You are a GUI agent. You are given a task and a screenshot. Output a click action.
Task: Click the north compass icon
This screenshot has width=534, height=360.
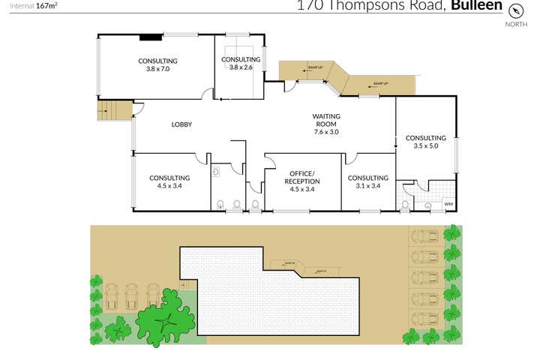point(515,10)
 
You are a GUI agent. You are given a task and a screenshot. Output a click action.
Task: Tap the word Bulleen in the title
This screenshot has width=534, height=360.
point(477,6)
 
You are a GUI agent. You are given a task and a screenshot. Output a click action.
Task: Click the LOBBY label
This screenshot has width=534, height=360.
point(182,124)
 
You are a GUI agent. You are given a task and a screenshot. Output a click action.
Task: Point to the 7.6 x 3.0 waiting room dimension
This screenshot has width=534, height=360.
point(326,132)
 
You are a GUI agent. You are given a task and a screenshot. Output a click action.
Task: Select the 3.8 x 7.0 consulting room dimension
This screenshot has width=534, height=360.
point(157,69)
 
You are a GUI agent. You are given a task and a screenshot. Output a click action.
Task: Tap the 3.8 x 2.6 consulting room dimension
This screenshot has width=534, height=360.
point(240,67)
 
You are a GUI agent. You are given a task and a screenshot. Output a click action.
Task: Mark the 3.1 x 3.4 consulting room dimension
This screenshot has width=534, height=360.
point(367,186)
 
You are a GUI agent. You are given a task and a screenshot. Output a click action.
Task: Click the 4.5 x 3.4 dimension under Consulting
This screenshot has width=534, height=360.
point(169,186)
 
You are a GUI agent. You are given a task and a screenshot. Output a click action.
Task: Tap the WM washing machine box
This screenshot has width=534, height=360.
point(448,204)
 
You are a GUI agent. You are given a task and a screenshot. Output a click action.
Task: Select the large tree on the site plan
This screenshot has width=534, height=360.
point(167,319)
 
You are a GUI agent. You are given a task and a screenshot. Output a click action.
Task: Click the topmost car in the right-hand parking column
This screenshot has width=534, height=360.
point(425,237)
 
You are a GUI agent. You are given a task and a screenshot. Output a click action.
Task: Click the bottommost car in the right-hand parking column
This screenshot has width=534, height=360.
point(425,319)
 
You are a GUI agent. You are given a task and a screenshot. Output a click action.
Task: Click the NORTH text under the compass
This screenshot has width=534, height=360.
point(515,25)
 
